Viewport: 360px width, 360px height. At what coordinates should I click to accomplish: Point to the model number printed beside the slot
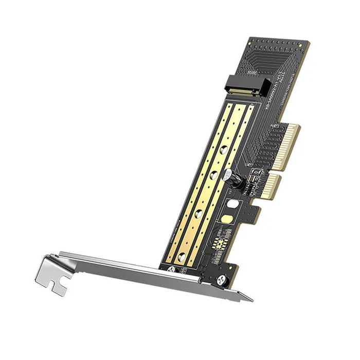click(x=270, y=95)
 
